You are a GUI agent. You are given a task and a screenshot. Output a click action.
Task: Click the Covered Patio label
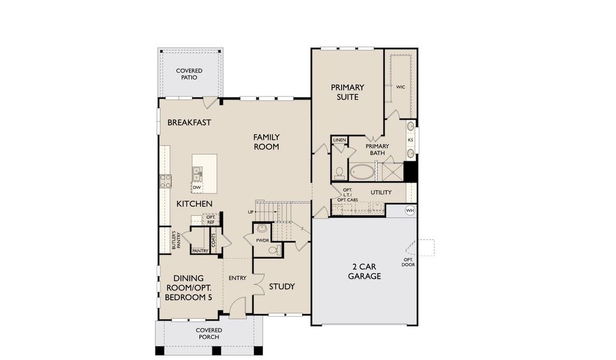(x=189, y=74)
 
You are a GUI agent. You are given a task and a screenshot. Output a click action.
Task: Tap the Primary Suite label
(x=347, y=92)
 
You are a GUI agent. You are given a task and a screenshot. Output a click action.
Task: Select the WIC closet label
(x=400, y=87)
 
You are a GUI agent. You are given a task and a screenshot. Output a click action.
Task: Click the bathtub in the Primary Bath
(x=361, y=172)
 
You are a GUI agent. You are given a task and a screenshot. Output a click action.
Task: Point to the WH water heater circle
(x=410, y=211)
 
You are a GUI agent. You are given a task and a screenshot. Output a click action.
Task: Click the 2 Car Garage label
(x=364, y=272)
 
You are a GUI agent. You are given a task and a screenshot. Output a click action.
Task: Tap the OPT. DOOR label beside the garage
(x=408, y=262)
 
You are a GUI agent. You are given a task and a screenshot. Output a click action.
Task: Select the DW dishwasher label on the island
(x=196, y=188)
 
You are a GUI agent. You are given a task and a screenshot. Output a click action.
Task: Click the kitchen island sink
(x=197, y=174)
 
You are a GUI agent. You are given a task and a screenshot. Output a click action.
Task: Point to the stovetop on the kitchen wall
(x=165, y=181)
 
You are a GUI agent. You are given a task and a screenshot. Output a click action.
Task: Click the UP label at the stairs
(x=250, y=212)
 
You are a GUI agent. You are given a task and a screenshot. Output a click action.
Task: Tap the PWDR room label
(x=262, y=240)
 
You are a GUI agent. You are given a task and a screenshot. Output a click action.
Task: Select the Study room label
(x=282, y=286)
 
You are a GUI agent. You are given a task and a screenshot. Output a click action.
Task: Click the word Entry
(x=238, y=278)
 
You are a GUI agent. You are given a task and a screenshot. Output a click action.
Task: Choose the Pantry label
(x=200, y=251)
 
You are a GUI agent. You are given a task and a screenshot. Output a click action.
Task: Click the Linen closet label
(x=339, y=140)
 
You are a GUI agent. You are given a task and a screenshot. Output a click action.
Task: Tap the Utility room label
(x=381, y=193)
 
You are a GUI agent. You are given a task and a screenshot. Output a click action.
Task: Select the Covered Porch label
(x=209, y=334)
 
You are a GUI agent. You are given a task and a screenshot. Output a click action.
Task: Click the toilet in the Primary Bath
(x=339, y=173)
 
